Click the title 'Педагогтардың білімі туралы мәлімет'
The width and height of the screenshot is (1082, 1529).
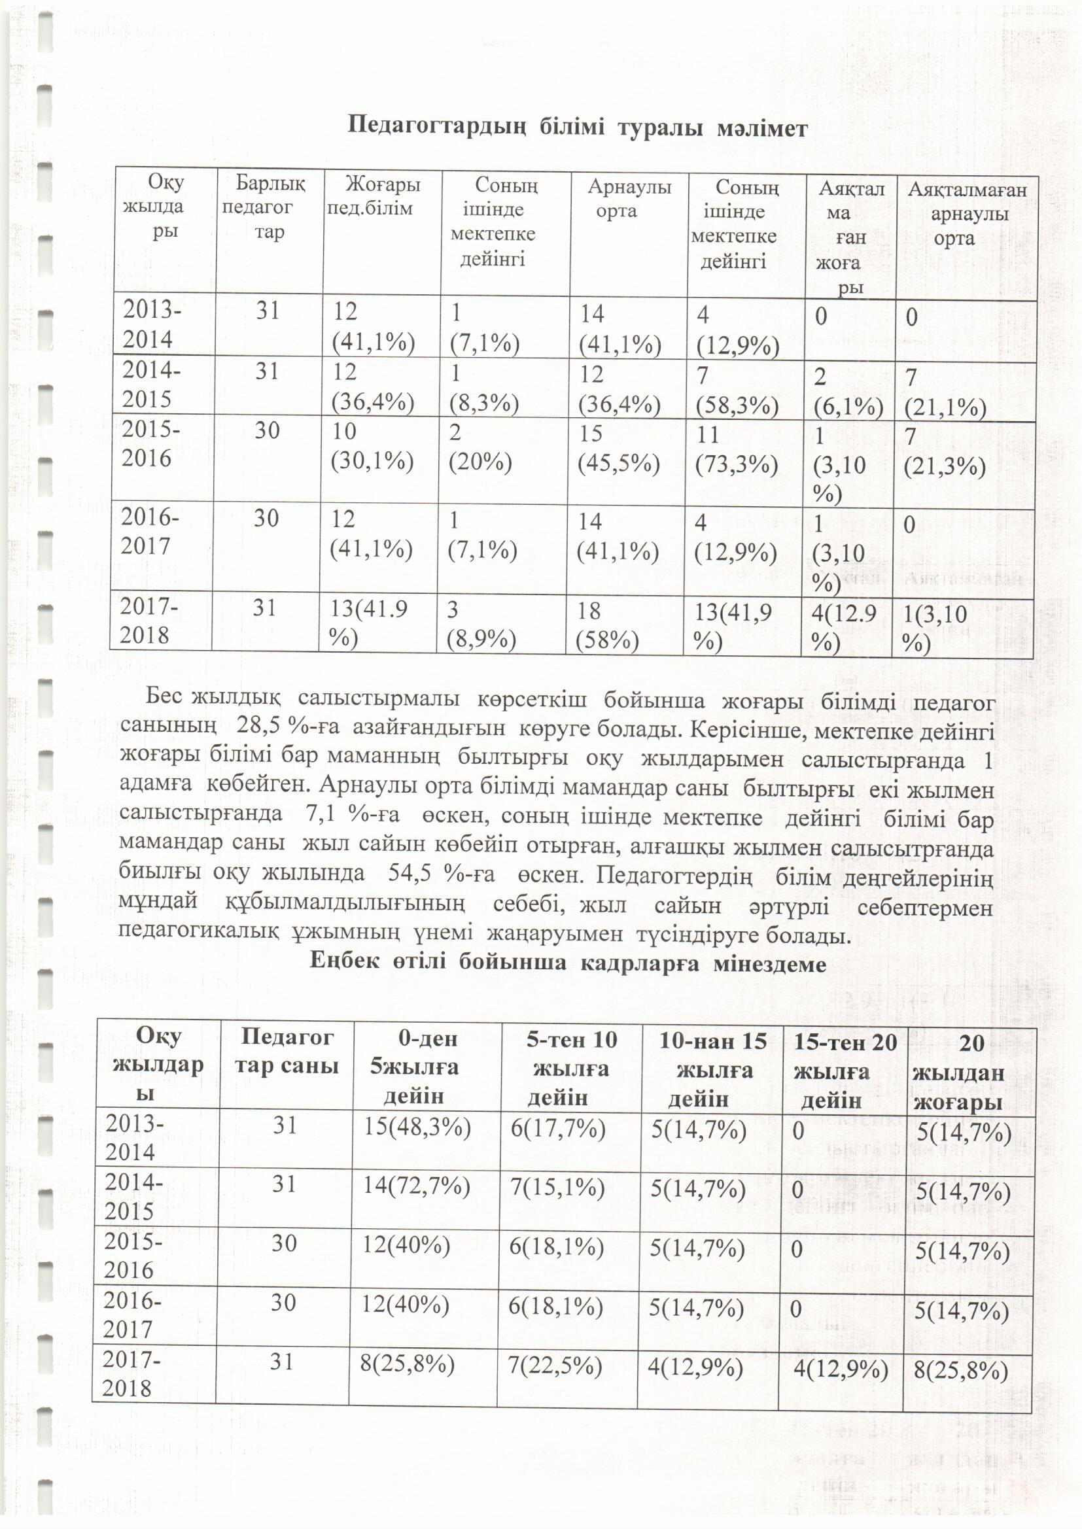[x=578, y=127]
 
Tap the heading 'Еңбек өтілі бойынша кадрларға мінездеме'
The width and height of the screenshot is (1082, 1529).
[x=568, y=963]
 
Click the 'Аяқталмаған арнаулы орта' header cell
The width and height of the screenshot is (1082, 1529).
[x=967, y=214]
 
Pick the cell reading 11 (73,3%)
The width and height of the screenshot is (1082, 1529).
[x=736, y=449]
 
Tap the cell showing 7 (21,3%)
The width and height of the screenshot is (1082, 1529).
[x=944, y=451]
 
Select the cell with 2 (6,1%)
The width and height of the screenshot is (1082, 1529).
[x=847, y=392]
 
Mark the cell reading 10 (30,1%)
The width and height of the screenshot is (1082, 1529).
[x=372, y=446]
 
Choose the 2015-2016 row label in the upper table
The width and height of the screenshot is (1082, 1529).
[x=150, y=443]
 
